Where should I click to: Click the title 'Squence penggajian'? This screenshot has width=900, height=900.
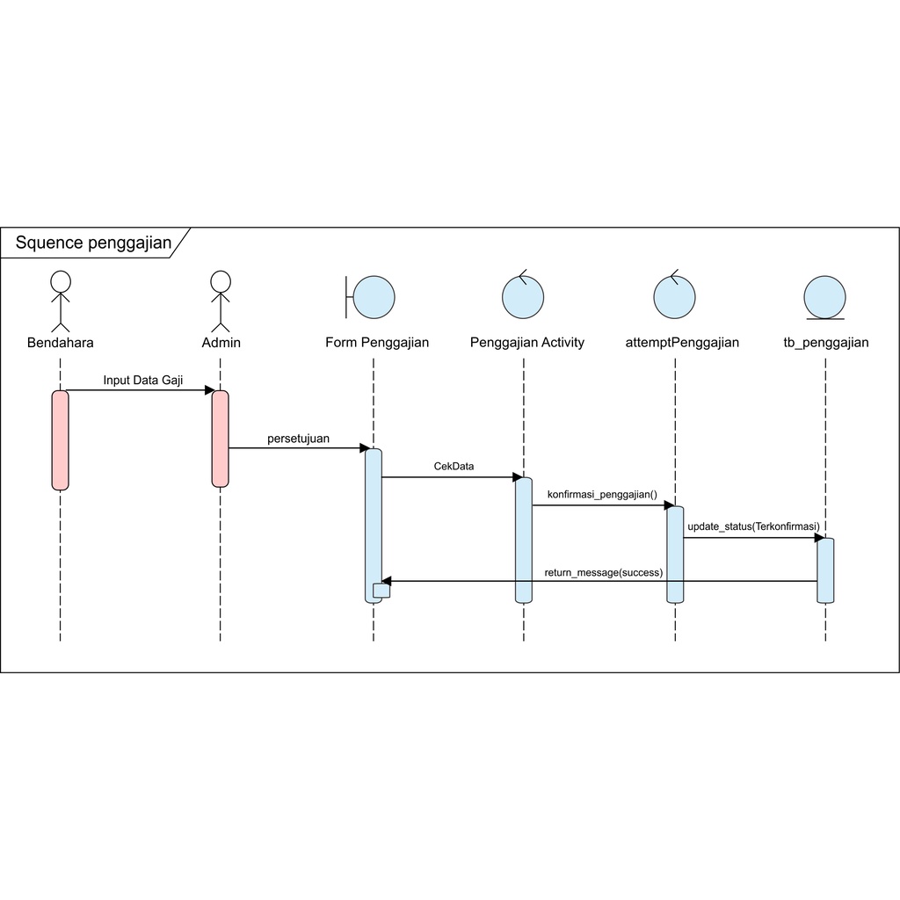[x=93, y=243]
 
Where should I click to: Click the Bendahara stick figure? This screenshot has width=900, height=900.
[x=60, y=300]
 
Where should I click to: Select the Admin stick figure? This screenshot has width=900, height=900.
[x=220, y=300]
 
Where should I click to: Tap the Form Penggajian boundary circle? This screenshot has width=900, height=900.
[x=374, y=296]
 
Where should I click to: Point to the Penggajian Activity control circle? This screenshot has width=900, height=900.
[x=523, y=295]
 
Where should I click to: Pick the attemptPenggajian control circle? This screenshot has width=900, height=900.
[x=675, y=295]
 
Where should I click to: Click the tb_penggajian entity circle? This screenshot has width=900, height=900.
[x=825, y=297]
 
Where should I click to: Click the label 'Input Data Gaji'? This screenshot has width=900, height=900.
[x=143, y=381]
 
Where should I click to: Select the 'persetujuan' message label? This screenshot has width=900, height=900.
[x=299, y=439]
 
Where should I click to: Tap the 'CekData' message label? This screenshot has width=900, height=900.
[x=454, y=467]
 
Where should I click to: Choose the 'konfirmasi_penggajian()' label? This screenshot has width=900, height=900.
[x=602, y=495]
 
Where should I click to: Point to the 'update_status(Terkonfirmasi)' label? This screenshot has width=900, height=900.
[x=753, y=526]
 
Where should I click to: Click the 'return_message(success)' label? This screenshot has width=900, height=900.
[x=603, y=572]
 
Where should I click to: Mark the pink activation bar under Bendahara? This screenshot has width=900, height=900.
[x=60, y=439]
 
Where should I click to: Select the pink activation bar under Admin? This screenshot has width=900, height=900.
[x=220, y=438]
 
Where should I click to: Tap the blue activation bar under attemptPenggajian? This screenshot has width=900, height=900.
[x=675, y=554]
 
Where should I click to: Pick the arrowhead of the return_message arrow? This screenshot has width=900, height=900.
[x=386, y=581]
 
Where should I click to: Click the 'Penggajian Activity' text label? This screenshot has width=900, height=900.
[x=526, y=343]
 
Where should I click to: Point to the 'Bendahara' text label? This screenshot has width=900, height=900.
[x=60, y=343]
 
